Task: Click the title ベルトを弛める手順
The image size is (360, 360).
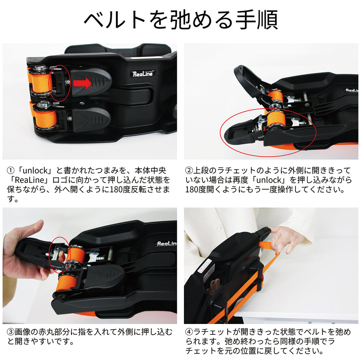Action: [181, 20]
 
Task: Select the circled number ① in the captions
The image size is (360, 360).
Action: [10, 171]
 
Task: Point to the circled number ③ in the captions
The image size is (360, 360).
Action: [10, 332]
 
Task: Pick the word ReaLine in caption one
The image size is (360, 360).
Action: [29, 180]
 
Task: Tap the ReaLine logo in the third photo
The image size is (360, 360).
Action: [166, 243]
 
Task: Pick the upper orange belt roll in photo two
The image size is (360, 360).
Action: [275, 96]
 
